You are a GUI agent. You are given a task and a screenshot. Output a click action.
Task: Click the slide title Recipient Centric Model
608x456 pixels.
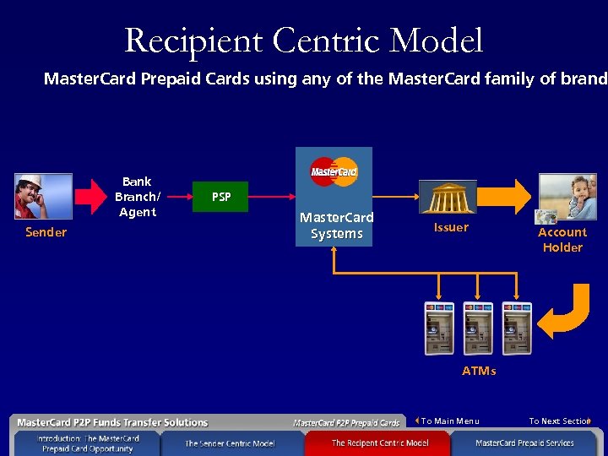[x=304, y=41]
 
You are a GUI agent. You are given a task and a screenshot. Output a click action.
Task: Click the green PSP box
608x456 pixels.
[x=221, y=197]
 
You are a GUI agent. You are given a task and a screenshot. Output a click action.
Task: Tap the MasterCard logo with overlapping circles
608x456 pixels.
[x=334, y=171]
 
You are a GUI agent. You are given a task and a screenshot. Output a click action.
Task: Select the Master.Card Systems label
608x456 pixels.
[x=336, y=225]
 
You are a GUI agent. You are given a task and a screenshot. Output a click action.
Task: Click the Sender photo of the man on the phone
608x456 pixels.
[x=43, y=197]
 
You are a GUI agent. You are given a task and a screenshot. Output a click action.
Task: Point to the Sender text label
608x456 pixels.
[x=46, y=232]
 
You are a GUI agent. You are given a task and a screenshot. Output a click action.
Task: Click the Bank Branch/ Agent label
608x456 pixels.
[x=137, y=197]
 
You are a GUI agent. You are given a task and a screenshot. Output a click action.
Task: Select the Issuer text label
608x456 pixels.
[x=451, y=227]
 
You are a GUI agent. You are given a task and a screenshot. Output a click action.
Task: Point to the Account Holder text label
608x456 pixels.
[x=562, y=240]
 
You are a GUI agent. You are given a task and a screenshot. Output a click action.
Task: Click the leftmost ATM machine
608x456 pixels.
[x=439, y=328]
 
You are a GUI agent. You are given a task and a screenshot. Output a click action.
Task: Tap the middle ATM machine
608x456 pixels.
[x=478, y=328]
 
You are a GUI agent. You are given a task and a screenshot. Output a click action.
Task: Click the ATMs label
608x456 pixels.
[x=479, y=371]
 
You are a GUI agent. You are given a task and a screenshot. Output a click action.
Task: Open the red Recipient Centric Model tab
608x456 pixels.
[x=379, y=442]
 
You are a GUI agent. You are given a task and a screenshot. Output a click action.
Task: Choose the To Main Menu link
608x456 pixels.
[x=449, y=421]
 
